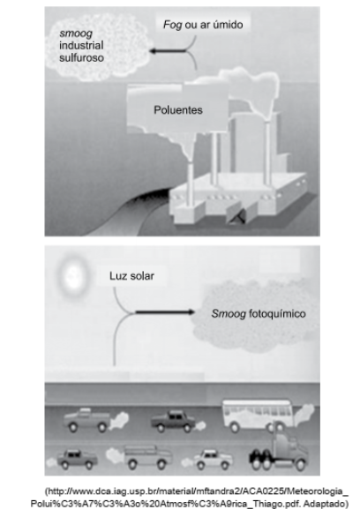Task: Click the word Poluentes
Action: pos(178,109)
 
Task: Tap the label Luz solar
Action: pos(131,275)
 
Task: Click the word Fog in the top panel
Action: pos(172,25)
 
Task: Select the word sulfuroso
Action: pos(81,57)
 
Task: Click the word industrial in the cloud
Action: pos(81,45)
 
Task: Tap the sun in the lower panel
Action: pos(72,275)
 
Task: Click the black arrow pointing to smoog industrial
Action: pos(168,51)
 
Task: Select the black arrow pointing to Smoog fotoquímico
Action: pos(165,312)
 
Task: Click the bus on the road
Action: pos(257,416)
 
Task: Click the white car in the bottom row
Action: pos(213,459)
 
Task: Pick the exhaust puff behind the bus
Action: pos(304,413)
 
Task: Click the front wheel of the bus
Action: pos(235,427)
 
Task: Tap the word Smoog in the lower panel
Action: pos(229,314)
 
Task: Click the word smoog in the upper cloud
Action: pos(76,34)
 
